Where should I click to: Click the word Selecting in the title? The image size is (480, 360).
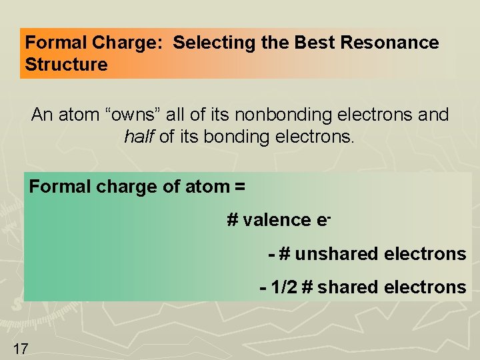(x=206, y=43)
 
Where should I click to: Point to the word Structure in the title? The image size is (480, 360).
(x=66, y=65)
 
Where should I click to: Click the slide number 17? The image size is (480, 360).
(x=20, y=347)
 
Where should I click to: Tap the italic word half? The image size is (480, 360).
(x=138, y=137)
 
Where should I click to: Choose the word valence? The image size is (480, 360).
(x=274, y=220)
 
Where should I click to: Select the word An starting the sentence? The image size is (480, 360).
(x=42, y=115)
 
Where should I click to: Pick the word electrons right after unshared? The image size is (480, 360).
(x=425, y=254)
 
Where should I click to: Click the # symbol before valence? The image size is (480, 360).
(x=233, y=220)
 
